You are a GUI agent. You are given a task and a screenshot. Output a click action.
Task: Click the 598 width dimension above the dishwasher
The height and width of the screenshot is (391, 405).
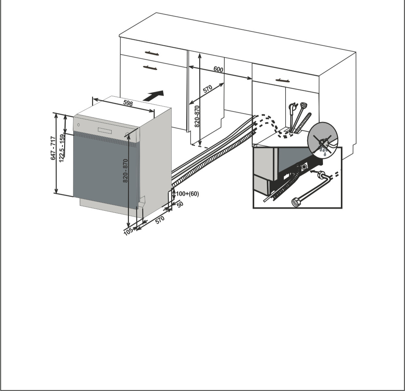pos(128,103)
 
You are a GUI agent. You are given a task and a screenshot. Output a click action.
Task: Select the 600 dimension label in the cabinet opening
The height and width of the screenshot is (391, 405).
pos(218,69)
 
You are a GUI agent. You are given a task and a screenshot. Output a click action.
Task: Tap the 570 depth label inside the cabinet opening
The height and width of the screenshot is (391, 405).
pos(207,89)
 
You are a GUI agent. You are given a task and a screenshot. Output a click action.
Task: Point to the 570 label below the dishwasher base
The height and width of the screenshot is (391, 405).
pos(160,220)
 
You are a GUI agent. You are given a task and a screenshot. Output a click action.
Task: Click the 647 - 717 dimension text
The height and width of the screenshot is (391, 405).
pos(53,148)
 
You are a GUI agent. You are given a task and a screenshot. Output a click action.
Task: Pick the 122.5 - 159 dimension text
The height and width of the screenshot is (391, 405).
pos(62,148)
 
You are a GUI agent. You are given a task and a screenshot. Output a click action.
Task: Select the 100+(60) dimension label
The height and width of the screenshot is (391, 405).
pos(187,194)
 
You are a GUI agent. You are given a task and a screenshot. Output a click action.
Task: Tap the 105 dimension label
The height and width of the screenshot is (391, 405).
pos(128,231)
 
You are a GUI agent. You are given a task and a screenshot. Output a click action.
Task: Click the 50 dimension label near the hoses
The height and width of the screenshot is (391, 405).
pos(180,204)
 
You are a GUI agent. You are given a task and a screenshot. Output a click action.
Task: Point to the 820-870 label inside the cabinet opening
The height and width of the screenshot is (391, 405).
pos(197,116)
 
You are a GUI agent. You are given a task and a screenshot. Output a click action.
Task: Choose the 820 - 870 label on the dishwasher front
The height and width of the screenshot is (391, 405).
pos(125,171)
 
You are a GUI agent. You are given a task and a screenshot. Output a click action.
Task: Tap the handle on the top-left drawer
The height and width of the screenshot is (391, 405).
pos(152,53)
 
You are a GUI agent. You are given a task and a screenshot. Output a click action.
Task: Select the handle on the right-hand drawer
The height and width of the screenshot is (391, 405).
pos(282,80)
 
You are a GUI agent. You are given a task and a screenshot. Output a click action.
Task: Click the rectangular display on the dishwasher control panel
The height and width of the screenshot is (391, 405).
pos(105,130)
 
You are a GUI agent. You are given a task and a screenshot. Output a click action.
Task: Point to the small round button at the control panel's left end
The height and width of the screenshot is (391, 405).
pos(78,125)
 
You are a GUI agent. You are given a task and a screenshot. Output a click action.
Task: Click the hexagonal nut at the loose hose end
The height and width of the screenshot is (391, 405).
pos(295,202)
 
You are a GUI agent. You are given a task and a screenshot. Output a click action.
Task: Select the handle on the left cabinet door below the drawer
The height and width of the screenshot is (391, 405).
pos(150,67)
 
